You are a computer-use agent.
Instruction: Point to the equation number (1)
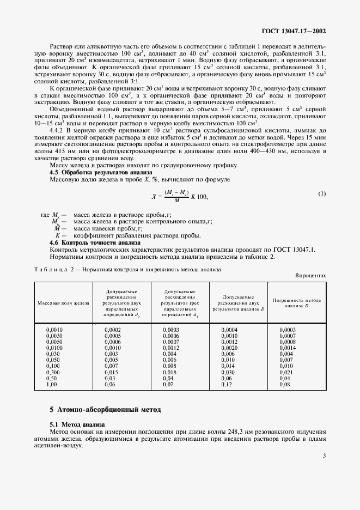click(x=322, y=194)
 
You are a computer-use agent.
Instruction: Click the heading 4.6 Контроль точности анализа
click(x=87, y=242)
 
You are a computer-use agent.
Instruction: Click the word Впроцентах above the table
click(x=310, y=276)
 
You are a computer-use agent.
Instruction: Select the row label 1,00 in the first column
click(x=52, y=384)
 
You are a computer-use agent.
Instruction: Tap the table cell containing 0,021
click(x=286, y=372)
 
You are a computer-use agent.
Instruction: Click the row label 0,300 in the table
click(x=53, y=372)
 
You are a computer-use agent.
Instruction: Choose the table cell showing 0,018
click(x=170, y=372)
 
